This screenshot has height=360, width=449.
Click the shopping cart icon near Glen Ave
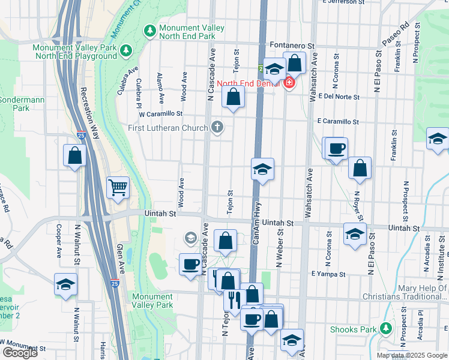[118, 187]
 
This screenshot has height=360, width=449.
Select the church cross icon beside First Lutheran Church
[217, 127]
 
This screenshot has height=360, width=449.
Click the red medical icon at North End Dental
[289, 83]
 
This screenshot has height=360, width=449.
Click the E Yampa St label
[328, 274]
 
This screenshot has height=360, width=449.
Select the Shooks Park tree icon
[386, 329]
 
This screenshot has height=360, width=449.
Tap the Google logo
[19, 353]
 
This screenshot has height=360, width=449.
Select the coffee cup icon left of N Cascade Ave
[191, 264]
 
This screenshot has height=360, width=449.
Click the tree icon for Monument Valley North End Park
[148, 29]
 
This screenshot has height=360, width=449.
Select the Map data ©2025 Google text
[412, 355]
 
